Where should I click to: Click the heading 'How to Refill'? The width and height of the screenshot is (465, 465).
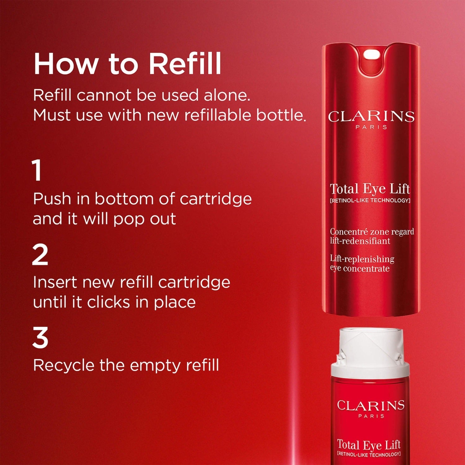(127, 64)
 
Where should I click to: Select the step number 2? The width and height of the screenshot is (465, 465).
(40, 255)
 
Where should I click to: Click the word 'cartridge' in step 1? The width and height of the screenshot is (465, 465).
(215, 199)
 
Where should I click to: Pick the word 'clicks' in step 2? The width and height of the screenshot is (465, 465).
(109, 302)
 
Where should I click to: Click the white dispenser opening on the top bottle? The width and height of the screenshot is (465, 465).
(371, 55)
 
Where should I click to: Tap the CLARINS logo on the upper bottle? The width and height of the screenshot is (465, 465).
(371, 117)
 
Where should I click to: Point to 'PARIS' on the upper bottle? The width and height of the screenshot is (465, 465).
(371, 127)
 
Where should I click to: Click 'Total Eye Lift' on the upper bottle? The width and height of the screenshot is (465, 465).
(370, 189)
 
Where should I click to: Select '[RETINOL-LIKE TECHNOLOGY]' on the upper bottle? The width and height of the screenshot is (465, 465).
(370, 201)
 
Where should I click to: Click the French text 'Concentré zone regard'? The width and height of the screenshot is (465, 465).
(372, 232)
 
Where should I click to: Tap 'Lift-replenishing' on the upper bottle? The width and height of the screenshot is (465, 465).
(362, 259)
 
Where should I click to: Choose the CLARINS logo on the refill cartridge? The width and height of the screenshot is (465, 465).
(371, 405)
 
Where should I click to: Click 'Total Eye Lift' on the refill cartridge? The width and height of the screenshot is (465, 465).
(369, 445)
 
